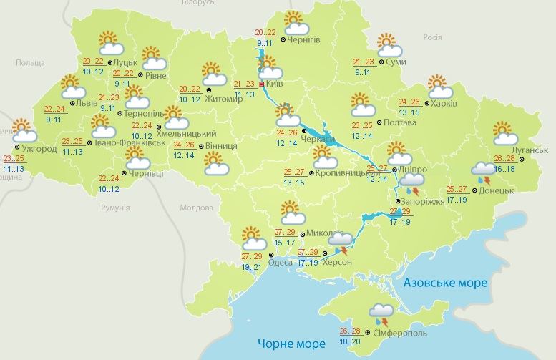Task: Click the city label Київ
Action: (276, 84)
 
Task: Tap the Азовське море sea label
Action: (445, 283)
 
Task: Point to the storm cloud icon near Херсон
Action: (341, 242)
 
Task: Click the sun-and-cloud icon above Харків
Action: (439, 87)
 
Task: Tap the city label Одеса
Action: (279, 262)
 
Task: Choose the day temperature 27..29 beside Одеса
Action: (252, 256)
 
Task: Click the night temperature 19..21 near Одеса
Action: (252, 267)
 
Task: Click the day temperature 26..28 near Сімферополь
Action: (350, 331)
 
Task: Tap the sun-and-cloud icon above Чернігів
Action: (294, 24)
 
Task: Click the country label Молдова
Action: (197, 208)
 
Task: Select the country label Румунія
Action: (114, 208)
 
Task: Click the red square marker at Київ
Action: (261, 84)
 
